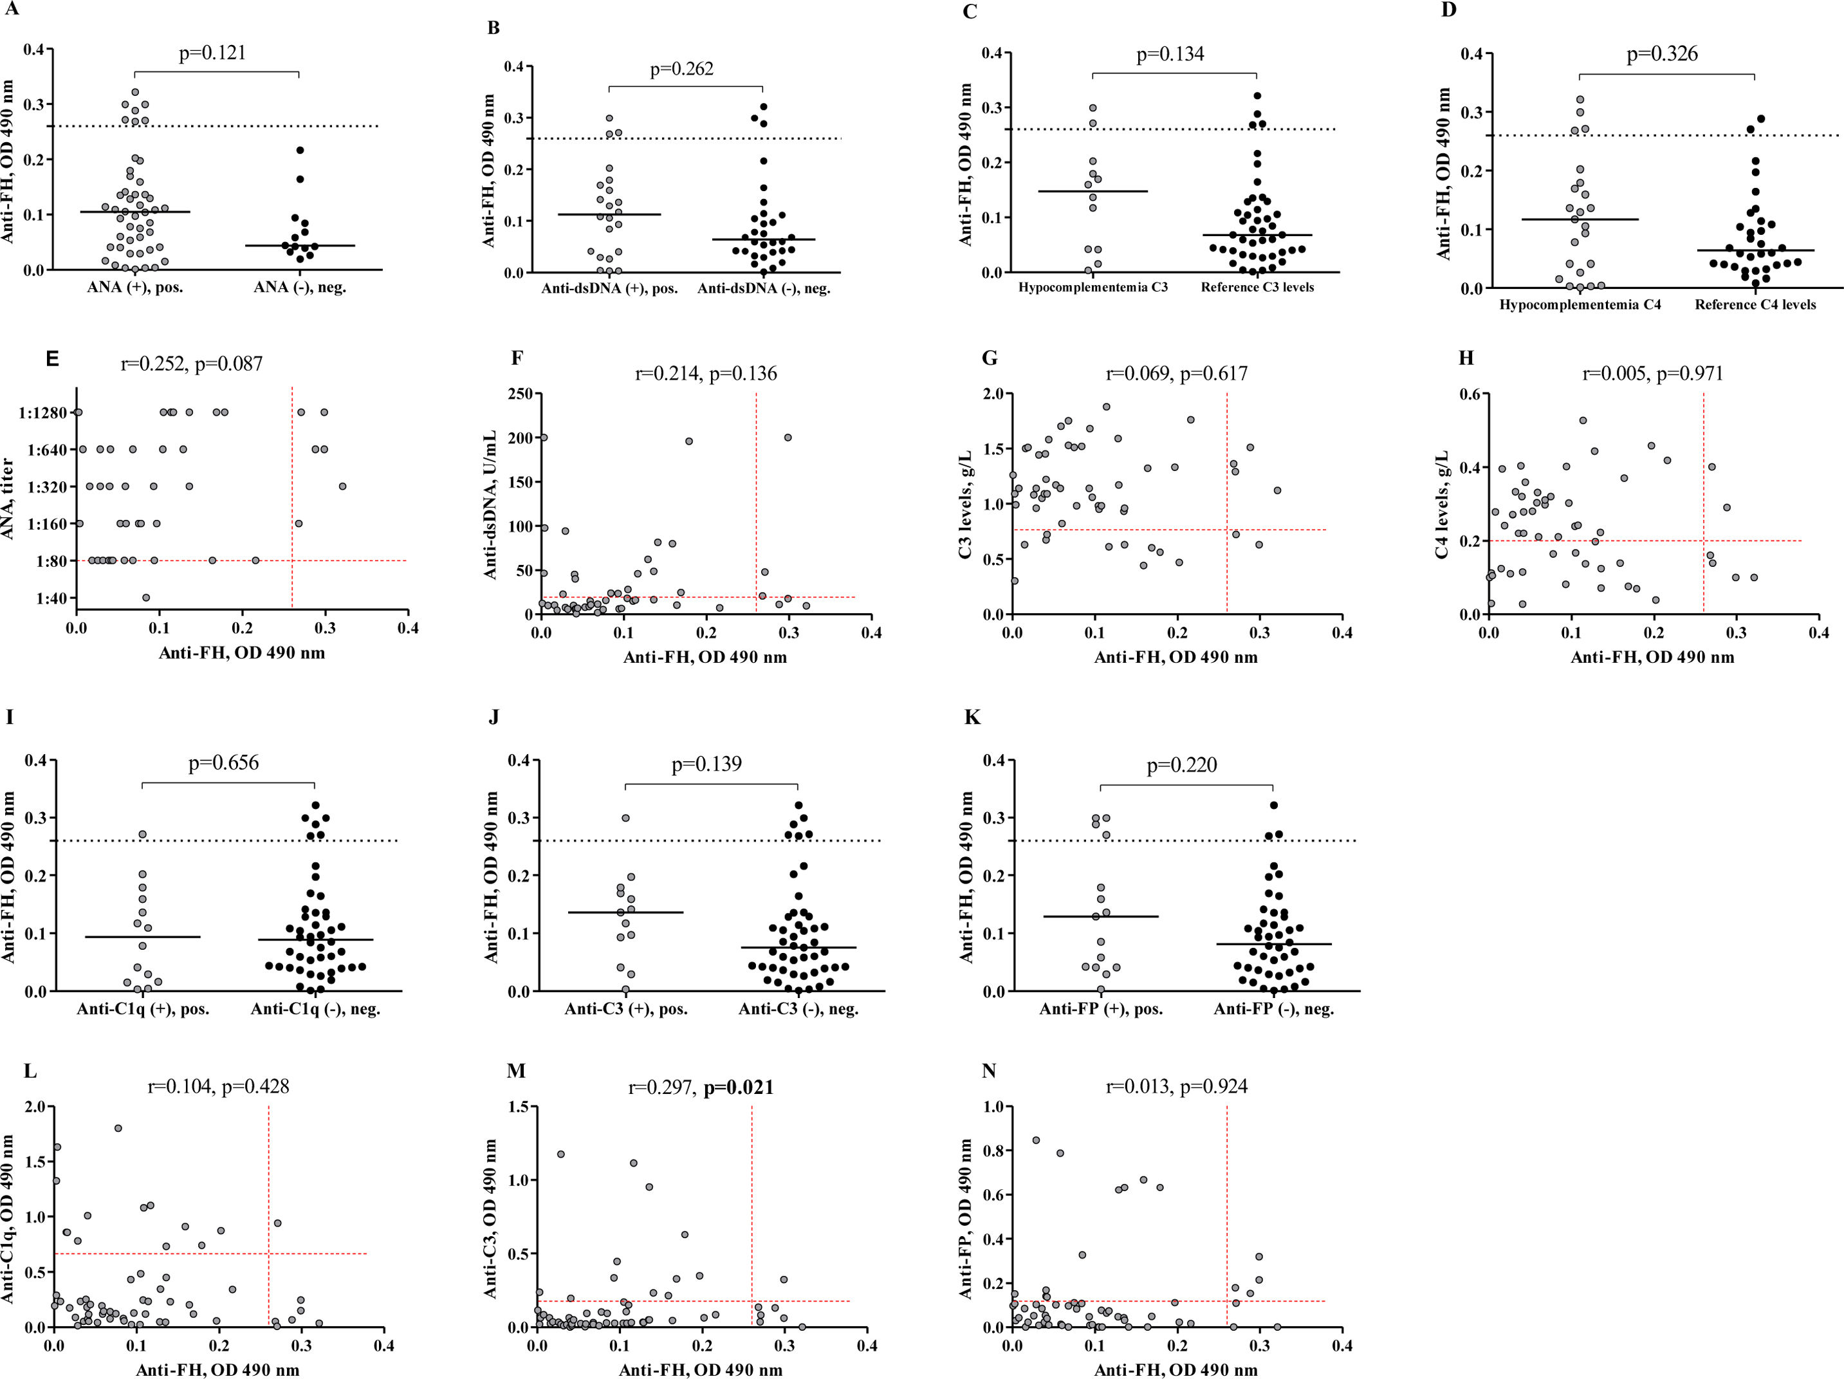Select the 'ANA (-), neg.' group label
(299, 288)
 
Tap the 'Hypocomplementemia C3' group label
(1093, 288)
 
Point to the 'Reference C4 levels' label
(1755, 305)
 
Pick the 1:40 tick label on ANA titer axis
(51, 598)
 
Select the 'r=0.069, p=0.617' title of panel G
(1176, 373)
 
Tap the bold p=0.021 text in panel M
(739, 1087)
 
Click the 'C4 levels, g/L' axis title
(1441, 504)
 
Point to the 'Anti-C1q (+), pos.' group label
(143, 1009)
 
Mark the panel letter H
(1466, 358)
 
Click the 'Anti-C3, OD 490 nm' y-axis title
(492, 1218)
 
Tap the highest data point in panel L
(118, 1128)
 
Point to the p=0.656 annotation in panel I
(223, 763)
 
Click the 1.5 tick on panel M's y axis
(517, 1106)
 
